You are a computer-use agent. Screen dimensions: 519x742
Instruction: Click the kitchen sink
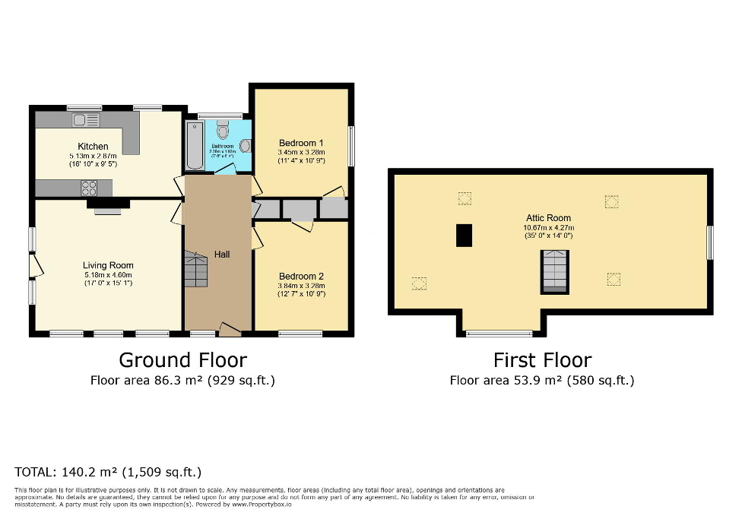pyautogui.click(x=87, y=120)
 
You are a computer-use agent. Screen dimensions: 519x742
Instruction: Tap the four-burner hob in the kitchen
pyautogui.click(x=89, y=187)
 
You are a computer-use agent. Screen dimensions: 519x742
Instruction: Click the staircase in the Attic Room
pyautogui.click(x=554, y=272)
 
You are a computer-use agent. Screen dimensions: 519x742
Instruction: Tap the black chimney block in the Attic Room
pyautogui.click(x=464, y=236)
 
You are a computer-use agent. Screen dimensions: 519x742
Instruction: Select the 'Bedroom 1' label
pyautogui.click(x=301, y=143)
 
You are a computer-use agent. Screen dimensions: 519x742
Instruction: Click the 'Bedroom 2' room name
pyautogui.click(x=301, y=276)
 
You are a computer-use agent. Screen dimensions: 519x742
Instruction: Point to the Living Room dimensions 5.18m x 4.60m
pyautogui.click(x=107, y=275)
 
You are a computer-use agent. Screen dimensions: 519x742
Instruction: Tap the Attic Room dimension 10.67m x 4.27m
pyautogui.click(x=548, y=227)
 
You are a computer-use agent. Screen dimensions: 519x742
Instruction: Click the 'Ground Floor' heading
pyautogui.click(x=182, y=359)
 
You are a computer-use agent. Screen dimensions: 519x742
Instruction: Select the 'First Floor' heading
pyautogui.click(x=542, y=360)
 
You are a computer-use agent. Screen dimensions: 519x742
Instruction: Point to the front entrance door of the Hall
pyautogui.click(x=230, y=330)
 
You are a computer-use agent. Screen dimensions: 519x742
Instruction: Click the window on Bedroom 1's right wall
pyautogui.click(x=351, y=146)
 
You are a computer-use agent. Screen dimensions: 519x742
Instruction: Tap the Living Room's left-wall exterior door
pyautogui.click(x=35, y=266)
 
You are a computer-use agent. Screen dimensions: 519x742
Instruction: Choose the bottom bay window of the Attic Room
pyautogui.click(x=499, y=333)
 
